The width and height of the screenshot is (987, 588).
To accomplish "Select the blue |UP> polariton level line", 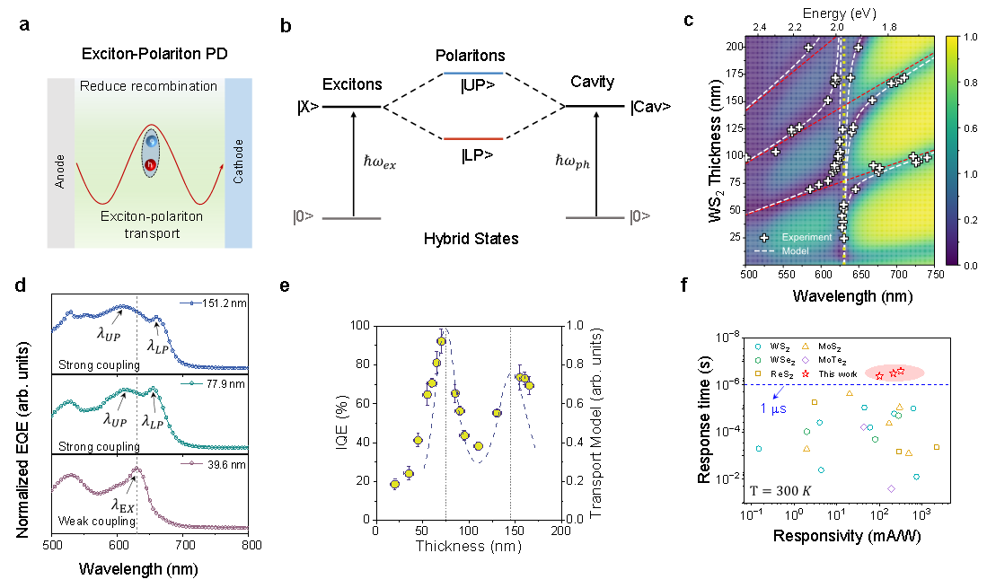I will (474, 73).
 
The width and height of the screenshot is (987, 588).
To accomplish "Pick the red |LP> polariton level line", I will (474, 139).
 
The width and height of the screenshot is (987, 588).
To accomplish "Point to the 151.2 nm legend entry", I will (221, 303).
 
